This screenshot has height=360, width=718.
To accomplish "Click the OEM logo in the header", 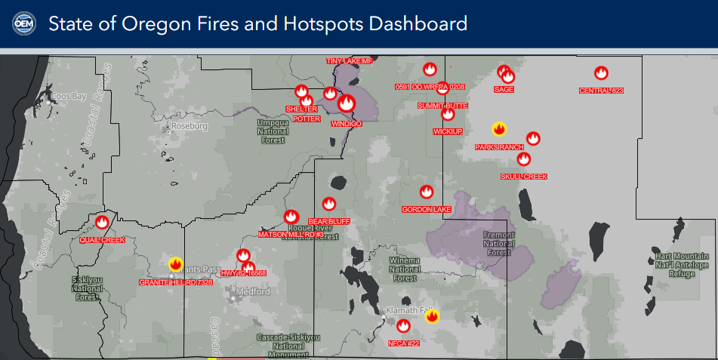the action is [x=23, y=23].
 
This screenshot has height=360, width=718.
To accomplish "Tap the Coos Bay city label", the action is [x=69, y=97].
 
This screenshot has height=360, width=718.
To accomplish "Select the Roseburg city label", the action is [x=189, y=126].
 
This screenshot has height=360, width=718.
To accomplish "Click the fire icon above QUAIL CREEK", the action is [x=102, y=222].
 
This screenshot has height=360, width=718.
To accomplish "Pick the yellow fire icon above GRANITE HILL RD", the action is [x=176, y=264].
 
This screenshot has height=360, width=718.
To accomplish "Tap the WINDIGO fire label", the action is [x=347, y=123].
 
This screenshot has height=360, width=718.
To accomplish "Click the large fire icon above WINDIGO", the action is [x=347, y=103].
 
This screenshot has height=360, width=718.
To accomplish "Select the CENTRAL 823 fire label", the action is [x=601, y=91].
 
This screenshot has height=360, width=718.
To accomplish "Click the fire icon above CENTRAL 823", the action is [x=601, y=73].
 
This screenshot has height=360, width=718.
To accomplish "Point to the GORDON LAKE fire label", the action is [x=427, y=209].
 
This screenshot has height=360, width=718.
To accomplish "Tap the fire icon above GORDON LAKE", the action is [x=427, y=192].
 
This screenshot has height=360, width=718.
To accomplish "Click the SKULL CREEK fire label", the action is [x=523, y=177].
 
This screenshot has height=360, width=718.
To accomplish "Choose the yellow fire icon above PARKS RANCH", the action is [x=498, y=128].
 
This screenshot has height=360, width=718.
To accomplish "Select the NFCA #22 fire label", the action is [x=402, y=344].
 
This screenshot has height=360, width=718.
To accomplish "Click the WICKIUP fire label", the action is [x=448, y=131].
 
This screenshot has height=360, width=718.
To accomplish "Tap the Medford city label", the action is [x=253, y=291].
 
